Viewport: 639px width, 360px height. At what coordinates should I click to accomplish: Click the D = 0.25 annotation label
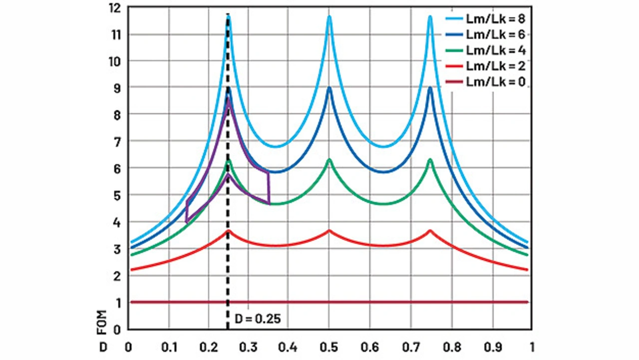[x=257, y=318]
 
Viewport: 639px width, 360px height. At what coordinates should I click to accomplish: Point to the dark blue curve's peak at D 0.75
[x=430, y=88]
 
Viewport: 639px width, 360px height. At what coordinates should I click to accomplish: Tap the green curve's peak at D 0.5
[x=329, y=160]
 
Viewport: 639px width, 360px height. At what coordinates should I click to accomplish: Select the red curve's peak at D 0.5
[x=329, y=231]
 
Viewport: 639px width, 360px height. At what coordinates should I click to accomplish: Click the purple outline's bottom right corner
[x=269, y=203]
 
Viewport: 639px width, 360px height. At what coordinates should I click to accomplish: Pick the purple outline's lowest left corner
[x=186, y=222]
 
